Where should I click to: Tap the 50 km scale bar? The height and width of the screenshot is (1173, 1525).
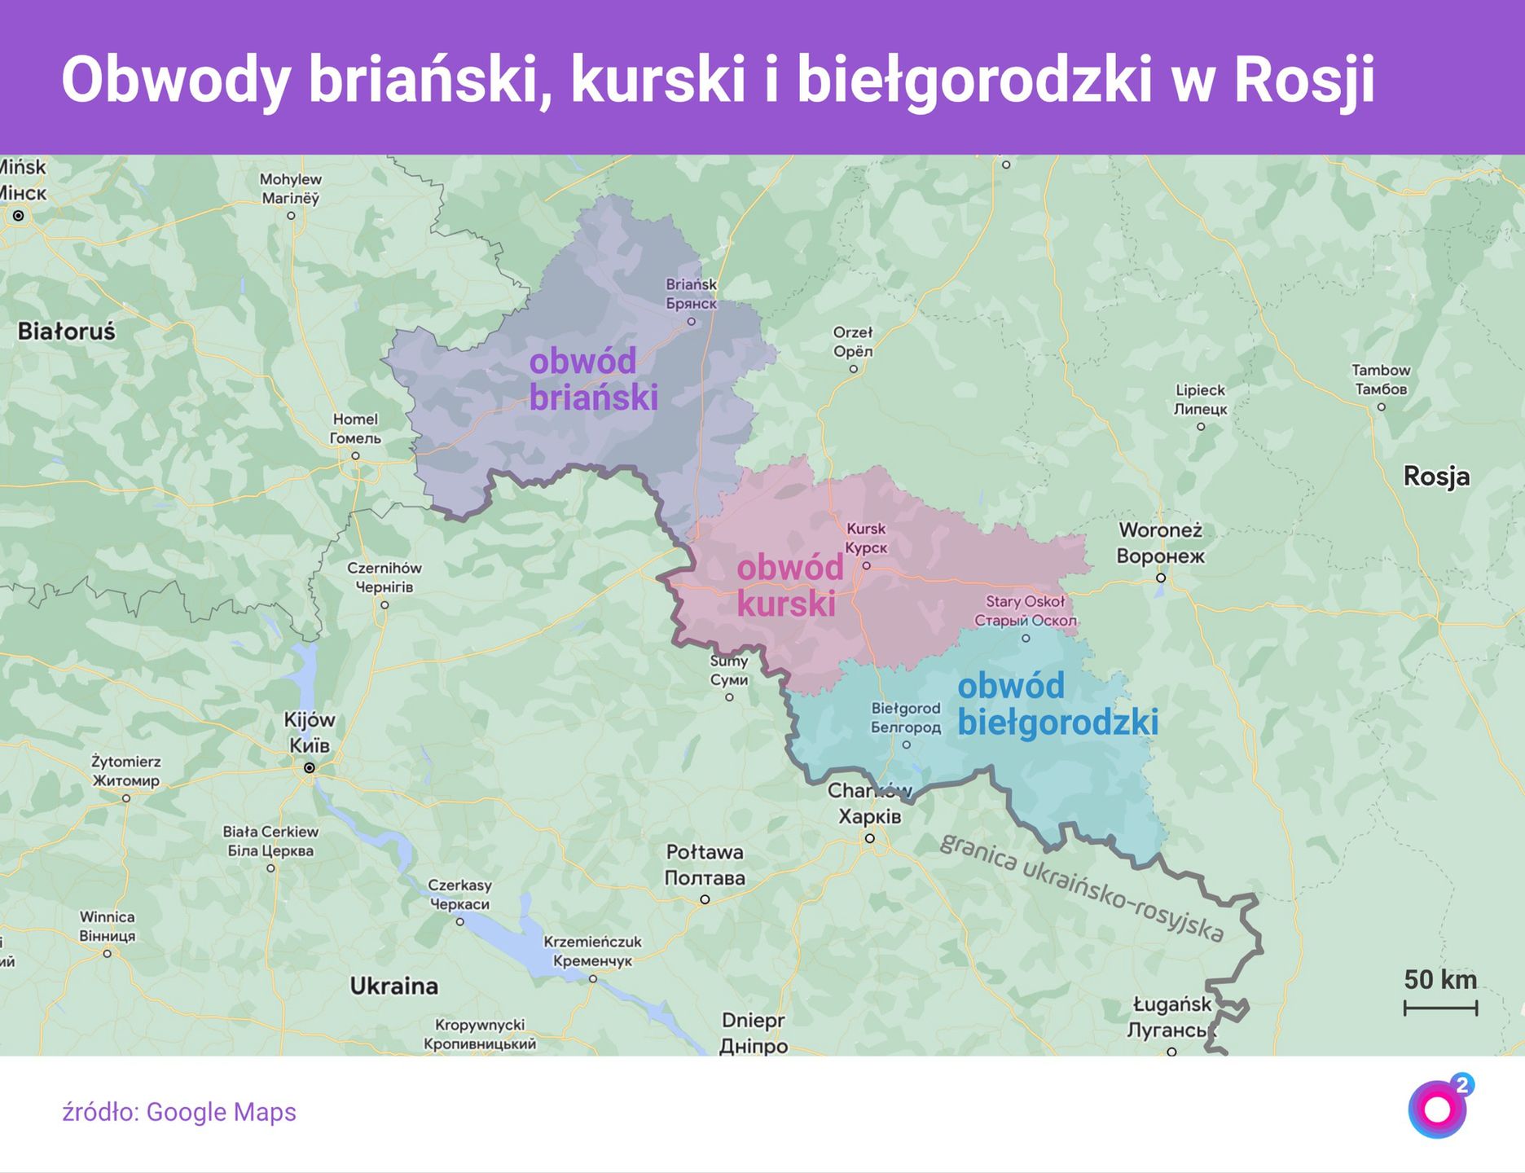[x=1440, y=1008]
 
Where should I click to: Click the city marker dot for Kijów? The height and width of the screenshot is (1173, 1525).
[x=310, y=768]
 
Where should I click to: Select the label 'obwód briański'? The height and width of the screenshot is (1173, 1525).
[x=593, y=380]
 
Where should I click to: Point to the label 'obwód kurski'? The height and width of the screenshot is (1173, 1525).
[x=789, y=586]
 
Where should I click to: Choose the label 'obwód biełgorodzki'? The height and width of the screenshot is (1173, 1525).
[x=1057, y=705]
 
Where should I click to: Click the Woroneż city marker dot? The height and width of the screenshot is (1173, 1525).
[x=1161, y=578]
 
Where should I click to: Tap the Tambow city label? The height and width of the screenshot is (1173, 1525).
[x=1381, y=380]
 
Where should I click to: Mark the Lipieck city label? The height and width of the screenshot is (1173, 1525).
[x=1200, y=399]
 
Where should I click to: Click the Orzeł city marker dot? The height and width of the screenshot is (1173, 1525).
[x=854, y=369]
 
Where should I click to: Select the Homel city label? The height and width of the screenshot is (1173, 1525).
[x=355, y=428]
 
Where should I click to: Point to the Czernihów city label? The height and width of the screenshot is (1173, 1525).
[x=385, y=577]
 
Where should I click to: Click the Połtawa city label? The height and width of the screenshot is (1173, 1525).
[x=705, y=865]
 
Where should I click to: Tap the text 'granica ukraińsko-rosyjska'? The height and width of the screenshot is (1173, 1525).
[x=1082, y=887]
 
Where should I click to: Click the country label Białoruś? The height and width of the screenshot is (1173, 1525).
[x=67, y=332]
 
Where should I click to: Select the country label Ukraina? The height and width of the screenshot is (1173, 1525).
[x=393, y=986]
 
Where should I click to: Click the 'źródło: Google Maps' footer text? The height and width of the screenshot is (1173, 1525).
[x=179, y=1112]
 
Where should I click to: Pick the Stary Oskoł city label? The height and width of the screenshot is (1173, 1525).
[x=1025, y=611]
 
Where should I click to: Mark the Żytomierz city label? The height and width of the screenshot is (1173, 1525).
[x=126, y=771]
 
